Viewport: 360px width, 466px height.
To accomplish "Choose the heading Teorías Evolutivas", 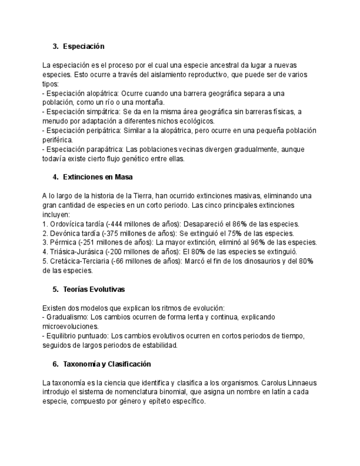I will [94, 289].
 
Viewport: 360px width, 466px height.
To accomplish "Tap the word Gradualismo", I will [67, 317].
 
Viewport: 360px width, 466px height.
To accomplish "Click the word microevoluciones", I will [70, 326].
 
